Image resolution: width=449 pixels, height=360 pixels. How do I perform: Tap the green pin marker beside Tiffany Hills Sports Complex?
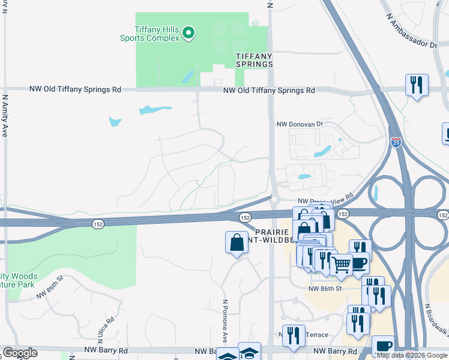188,33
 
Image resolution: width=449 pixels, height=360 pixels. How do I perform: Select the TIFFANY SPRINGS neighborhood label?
254,59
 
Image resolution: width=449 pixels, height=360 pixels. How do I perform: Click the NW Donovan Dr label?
300,124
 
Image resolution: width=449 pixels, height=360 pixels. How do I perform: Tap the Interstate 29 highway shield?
396,142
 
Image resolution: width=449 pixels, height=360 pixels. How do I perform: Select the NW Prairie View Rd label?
326,202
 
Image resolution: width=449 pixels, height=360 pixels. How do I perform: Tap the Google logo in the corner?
20,353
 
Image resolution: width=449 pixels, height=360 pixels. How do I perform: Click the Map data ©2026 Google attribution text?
412,355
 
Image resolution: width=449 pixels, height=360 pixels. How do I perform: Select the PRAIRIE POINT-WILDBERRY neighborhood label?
273,236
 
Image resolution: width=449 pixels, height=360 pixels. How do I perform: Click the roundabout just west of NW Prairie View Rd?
274,199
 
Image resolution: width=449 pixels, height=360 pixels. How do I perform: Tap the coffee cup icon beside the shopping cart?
360,263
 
